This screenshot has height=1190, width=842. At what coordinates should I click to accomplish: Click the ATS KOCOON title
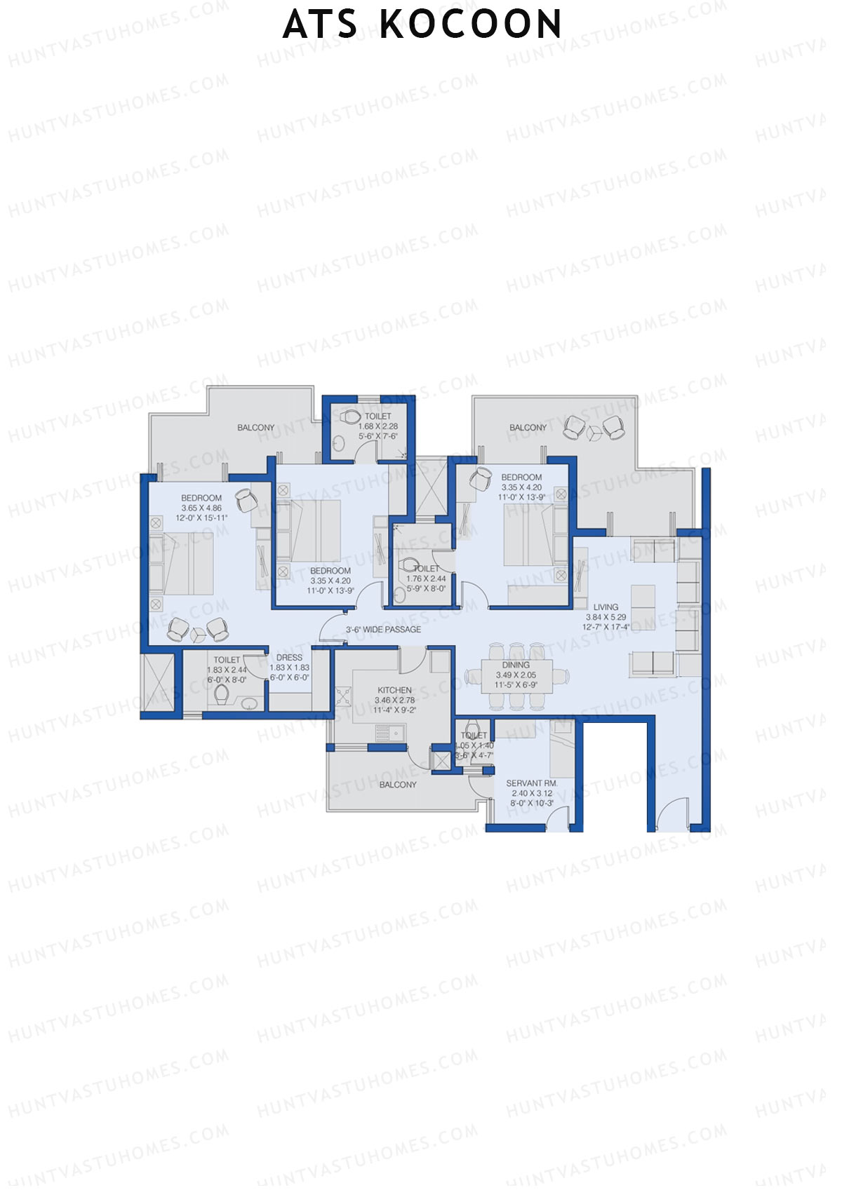pyautogui.click(x=422, y=25)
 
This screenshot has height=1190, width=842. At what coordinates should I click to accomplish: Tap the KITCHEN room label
pyautogui.click(x=394, y=690)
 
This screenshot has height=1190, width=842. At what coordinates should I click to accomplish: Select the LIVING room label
pyautogui.click(x=606, y=607)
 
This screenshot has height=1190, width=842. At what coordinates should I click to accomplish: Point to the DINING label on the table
pyautogui.click(x=516, y=665)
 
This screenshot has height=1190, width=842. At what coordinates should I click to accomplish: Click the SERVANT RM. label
pyautogui.click(x=531, y=783)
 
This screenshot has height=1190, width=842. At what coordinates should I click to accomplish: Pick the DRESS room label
pyautogui.click(x=289, y=658)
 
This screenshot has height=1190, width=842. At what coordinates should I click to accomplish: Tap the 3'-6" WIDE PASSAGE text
pyautogui.click(x=383, y=630)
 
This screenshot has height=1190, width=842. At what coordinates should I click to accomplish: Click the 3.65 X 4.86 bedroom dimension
pyautogui.click(x=201, y=508)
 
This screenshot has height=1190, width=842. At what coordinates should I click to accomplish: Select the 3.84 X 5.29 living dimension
pyautogui.click(x=606, y=618)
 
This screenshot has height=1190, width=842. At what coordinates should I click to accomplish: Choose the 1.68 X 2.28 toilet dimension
pyautogui.click(x=378, y=426)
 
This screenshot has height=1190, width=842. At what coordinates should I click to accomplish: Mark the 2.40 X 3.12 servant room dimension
pyautogui.click(x=531, y=794)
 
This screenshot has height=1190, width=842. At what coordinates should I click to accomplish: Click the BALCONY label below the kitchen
pyautogui.click(x=398, y=785)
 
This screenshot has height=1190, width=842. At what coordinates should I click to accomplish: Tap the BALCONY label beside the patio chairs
pyautogui.click(x=528, y=428)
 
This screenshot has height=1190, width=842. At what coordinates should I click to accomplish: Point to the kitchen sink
pyautogui.click(x=389, y=733)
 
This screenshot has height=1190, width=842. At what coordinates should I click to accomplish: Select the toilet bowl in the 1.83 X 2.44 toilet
pyautogui.click(x=222, y=694)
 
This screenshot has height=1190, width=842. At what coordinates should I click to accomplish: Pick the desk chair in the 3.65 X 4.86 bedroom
pyautogui.click(x=246, y=500)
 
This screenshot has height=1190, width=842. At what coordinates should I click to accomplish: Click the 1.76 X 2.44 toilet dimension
pyautogui.click(x=426, y=579)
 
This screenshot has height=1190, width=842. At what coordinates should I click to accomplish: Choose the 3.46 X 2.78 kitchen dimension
pyautogui.click(x=394, y=700)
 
